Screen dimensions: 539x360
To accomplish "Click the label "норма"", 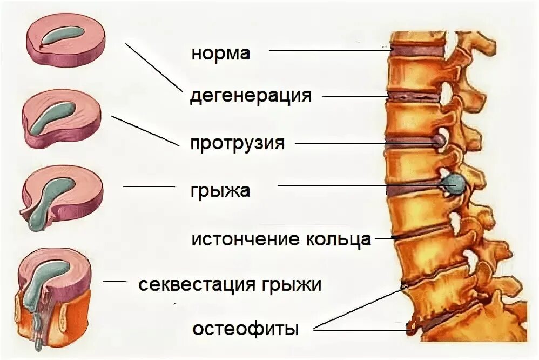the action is pos(220,53).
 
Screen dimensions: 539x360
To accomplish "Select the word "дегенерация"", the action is pos(251,96).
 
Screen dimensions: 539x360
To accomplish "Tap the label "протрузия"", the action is pos(237,143).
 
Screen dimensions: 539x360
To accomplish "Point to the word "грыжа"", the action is pos(220,190).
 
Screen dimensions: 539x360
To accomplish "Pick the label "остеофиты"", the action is pos(246,329).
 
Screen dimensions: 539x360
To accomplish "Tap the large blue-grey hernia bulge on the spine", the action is pos(455,184).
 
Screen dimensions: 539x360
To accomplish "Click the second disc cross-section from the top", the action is pos(62,119).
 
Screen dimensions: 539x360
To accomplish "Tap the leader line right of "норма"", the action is pos(329,50).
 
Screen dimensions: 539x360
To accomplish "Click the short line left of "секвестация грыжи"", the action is pos(114,282).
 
